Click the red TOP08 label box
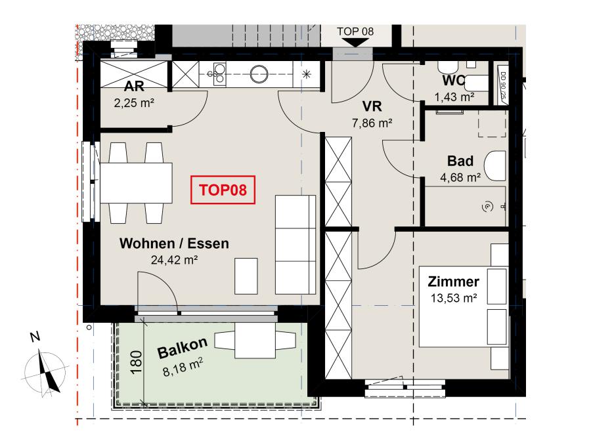coord(223,190)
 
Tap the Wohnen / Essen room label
coord(174,243)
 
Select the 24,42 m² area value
coord(175,260)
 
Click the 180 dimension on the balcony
coord(136,362)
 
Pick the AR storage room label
coord(134,86)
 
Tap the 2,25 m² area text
coord(134,103)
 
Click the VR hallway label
coord(372,106)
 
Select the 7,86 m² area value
coord(372,123)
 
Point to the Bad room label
coord(460,161)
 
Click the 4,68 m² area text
coord(460,177)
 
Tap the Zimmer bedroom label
coord(453,282)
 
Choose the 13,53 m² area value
coord(454,299)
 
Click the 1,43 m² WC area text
coord(454,97)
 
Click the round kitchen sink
coord(259,74)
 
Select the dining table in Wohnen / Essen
coord(136,182)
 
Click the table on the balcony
coord(255,341)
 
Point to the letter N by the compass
coord(35,336)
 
